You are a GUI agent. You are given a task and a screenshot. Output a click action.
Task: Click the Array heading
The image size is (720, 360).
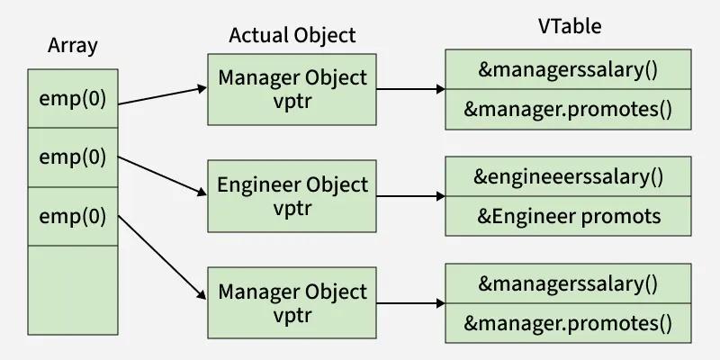pyautogui.click(x=72, y=45)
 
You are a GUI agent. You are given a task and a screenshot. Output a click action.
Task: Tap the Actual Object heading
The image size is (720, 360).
pyautogui.click(x=292, y=35)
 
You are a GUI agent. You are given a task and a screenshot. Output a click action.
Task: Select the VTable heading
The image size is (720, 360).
pyautogui.click(x=569, y=27)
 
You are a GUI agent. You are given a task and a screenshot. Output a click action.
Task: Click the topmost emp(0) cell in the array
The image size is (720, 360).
pyautogui.click(x=73, y=98)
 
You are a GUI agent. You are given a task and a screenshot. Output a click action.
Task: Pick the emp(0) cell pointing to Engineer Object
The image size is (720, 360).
pyautogui.click(x=73, y=157)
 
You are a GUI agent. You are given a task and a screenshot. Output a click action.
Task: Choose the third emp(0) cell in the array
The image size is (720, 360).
pyautogui.click(x=73, y=215)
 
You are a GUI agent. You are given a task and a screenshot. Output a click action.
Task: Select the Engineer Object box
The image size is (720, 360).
pyautogui.click(x=292, y=195)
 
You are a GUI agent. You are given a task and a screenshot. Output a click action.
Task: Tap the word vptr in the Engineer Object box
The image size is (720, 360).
pyautogui.click(x=292, y=207)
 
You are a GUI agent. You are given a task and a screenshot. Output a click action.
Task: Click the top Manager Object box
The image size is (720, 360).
pyautogui.click(x=292, y=88)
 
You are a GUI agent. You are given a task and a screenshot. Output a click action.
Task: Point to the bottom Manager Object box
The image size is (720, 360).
pyautogui.click(x=292, y=302)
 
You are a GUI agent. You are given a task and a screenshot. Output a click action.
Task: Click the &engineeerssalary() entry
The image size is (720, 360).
pyautogui.click(x=568, y=176)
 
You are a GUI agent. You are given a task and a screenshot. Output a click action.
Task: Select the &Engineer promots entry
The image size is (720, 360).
pyautogui.click(x=568, y=216)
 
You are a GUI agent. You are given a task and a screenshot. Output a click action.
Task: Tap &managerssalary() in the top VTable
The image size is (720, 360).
pyautogui.click(x=568, y=70)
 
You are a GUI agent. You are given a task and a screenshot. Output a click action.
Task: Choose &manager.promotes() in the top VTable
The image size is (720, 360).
pyautogui.click(x=568, y=111)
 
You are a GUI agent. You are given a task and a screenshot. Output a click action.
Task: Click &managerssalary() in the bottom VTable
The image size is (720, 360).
pyautogui.click(x=568, y=284)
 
